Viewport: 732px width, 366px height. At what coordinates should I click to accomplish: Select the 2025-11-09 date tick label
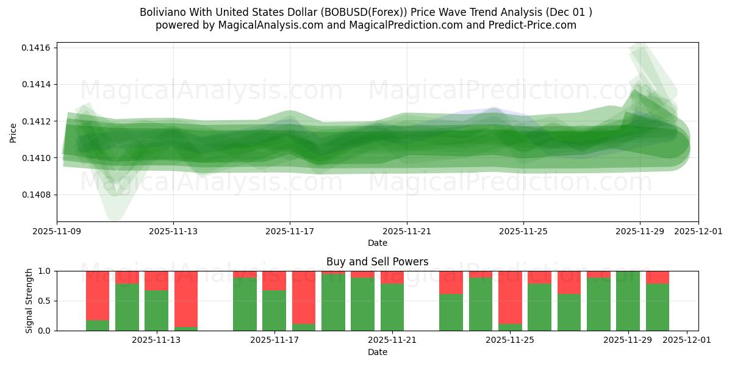(57, 232)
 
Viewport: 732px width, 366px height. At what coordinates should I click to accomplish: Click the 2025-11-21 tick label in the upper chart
(406, 232)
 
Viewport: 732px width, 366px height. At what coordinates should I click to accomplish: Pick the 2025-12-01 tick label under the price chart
(698, 232)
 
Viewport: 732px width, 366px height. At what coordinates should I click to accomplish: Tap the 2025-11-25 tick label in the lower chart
(510, 340)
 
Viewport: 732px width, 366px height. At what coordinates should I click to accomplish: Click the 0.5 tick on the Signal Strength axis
(46, 301)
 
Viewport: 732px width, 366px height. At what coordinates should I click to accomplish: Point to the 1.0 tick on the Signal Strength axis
(46, 271)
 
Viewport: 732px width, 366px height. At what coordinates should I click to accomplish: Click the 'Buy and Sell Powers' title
(377, 262)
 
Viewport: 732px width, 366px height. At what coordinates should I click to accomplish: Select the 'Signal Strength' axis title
(29, 301)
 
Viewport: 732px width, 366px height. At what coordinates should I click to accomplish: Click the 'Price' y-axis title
(13, 132)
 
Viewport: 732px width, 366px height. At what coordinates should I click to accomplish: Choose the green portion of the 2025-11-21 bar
(392, 307)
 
